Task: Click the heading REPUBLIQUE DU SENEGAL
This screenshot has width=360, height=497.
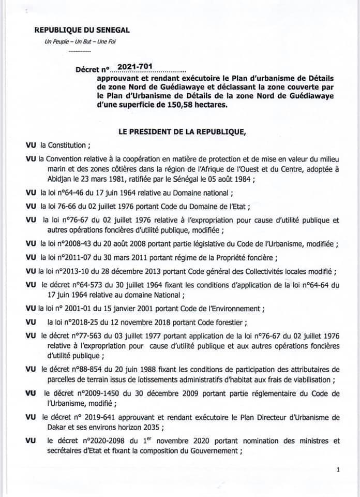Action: [82, 31]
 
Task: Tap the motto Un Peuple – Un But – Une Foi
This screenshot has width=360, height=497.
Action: [69, 41]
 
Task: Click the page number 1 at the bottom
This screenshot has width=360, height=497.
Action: [337, 470]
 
